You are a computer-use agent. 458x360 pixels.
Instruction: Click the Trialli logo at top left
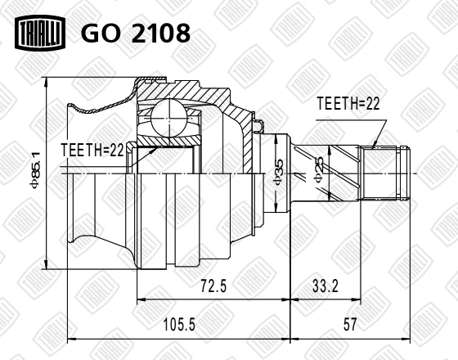(x=40, y=33)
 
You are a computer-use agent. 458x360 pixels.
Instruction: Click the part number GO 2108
(x=136, y=33)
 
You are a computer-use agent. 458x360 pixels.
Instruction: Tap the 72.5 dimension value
(x=213, y=286)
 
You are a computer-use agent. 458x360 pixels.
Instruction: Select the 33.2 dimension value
(x=326, y=286)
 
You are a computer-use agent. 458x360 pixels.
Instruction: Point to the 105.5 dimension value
(x=179, y=324)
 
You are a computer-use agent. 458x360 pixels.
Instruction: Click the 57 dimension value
(x=350, y=324)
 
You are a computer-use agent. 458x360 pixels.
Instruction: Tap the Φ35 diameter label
(x=277, y=173)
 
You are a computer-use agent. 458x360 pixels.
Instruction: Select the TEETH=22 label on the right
(x=348, y=103)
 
